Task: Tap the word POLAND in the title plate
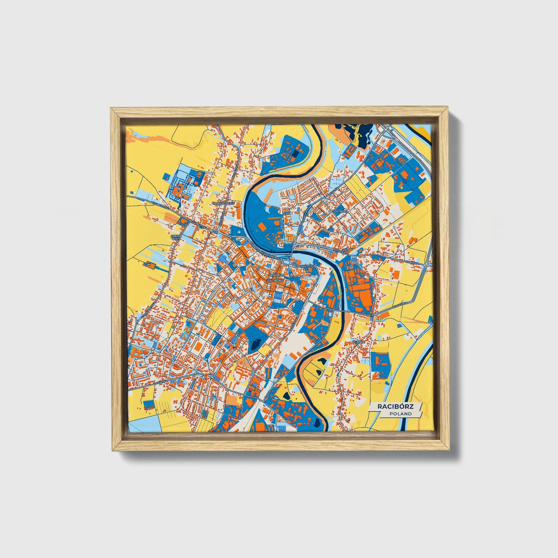pos(400,414)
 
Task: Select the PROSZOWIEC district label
pos(223,203)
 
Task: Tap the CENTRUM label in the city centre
pos(276,275)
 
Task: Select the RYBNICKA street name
pos(412,263)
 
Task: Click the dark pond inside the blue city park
pos(254,343)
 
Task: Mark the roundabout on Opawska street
pos(211,376)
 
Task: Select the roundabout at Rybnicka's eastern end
pos(426,264)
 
